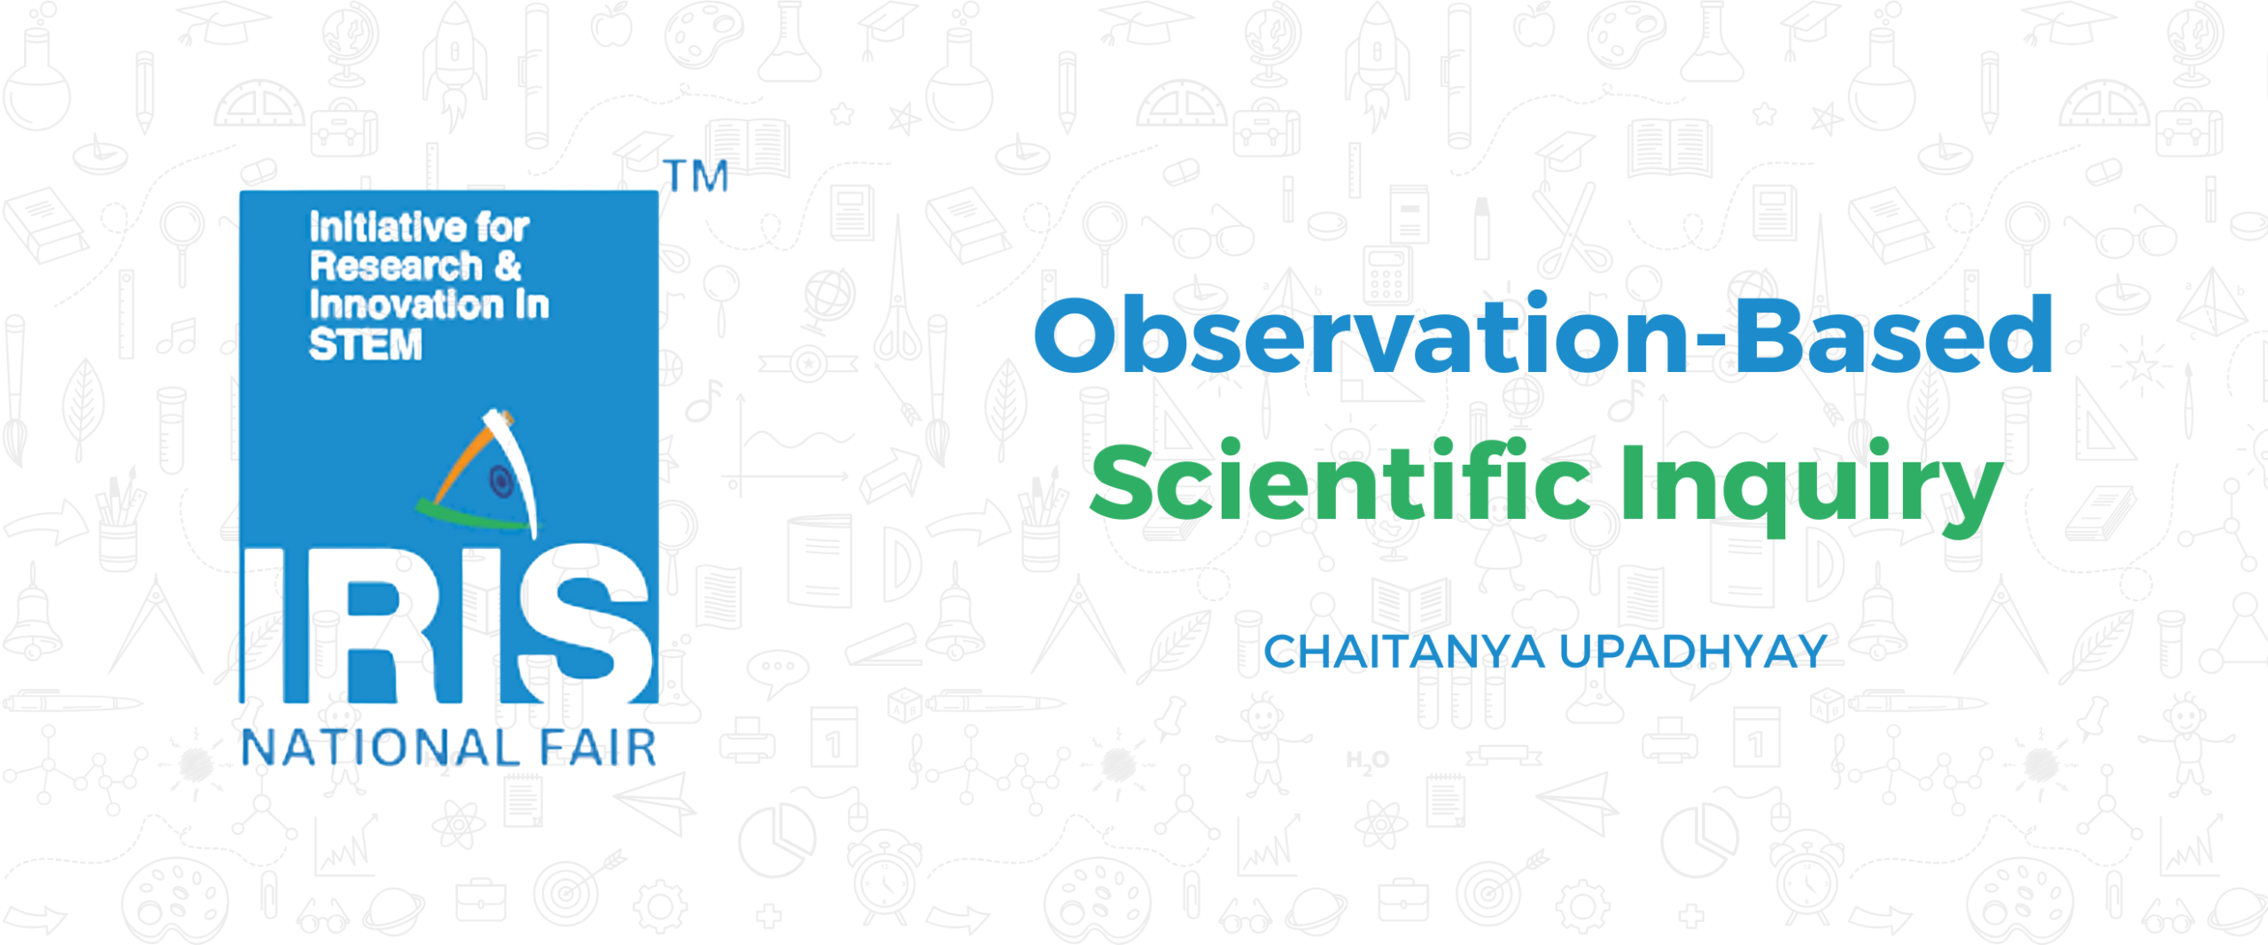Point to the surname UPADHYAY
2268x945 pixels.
[1693, 652]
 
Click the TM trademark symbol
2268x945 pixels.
[696, 176]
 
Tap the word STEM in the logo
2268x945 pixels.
[365, 345]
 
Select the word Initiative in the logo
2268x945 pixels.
[387, 228]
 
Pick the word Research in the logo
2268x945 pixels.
[396, 266]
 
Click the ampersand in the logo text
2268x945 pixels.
[509, 266]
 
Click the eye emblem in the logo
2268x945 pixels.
[501, 482]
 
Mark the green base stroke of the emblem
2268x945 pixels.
[474, 516]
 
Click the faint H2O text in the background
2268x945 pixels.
[1368, 761]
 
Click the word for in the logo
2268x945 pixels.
[502, 228]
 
